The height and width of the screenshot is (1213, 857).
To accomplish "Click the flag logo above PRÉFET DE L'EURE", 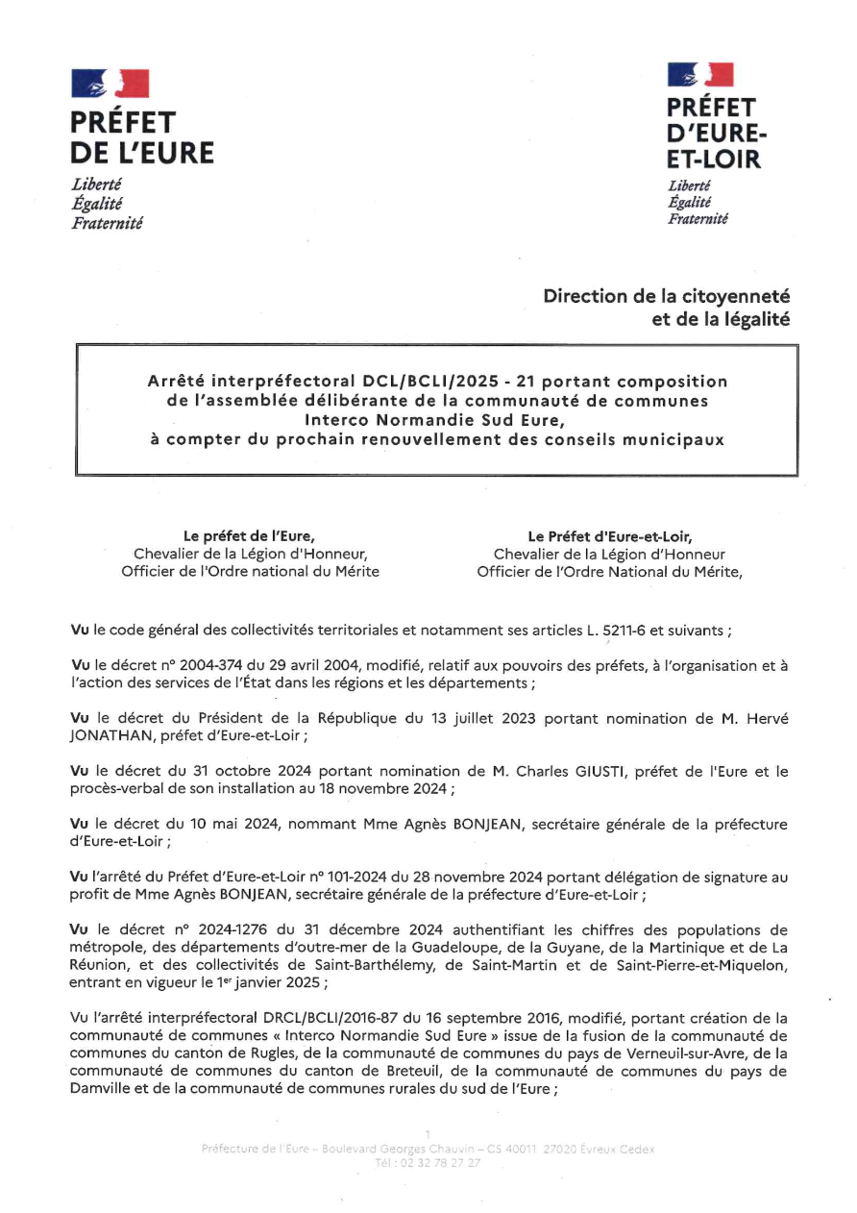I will point(110,84).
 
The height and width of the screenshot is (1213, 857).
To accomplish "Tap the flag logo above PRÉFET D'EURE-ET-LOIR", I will point(700,74).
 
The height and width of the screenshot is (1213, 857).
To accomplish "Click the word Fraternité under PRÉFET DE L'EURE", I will point(107,223).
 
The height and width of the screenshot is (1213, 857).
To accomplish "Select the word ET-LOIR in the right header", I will point(714,160).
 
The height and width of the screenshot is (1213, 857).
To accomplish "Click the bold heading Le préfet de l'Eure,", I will point(250,536).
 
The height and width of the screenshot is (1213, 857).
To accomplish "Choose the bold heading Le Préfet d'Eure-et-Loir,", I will point(610,536).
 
